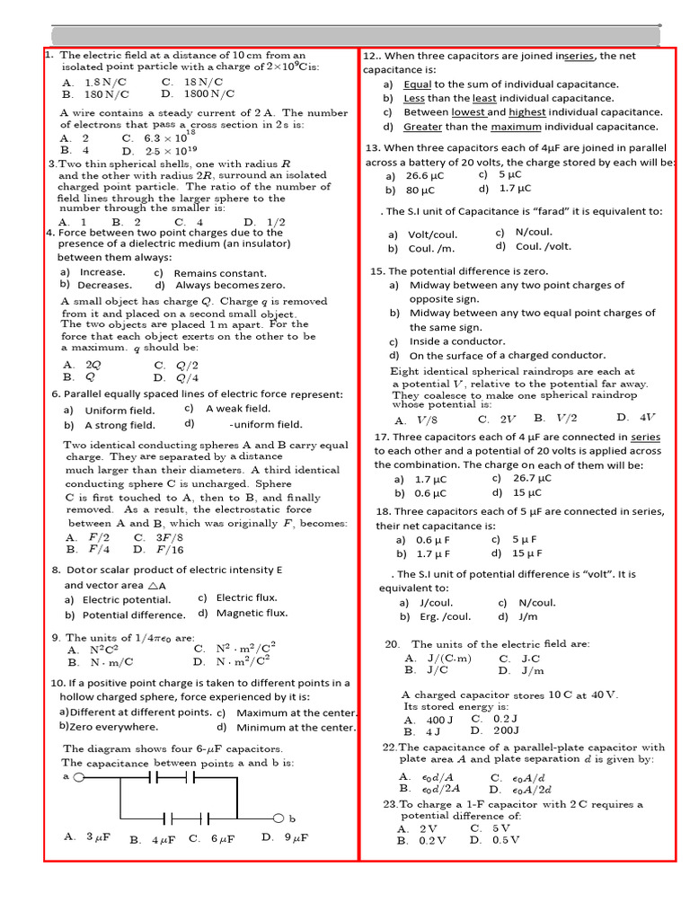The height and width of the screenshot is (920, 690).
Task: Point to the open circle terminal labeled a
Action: [x=78, y=778]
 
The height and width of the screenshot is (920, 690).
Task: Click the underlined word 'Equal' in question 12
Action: [x=417, y=84]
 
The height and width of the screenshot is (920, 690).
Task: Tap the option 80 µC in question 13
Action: [x=420, y=190]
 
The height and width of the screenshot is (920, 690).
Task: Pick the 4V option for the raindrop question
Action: [x=646, y=418]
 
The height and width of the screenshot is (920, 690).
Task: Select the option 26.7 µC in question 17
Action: [x=531, y=479]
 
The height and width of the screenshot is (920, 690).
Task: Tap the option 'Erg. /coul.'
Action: [x=446, y=617]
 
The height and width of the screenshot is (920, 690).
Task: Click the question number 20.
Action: [x=392, y=644]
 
